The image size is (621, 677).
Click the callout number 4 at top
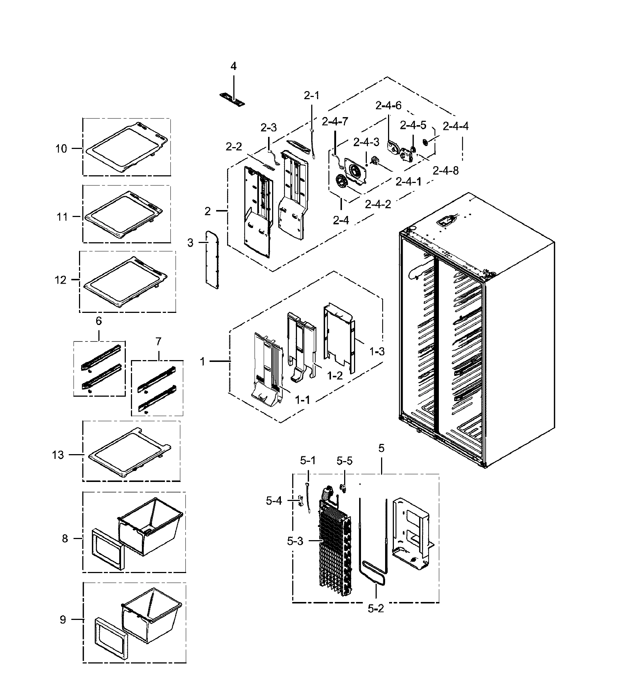click(233, 66)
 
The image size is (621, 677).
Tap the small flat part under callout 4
click(232, 100)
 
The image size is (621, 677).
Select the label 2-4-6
click(388, 106)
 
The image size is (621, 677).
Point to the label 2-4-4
click(455, 126)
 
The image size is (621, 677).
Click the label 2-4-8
click(445, 170)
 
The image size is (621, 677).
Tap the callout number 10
click(61, 149)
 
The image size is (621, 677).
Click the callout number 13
click(58, 455)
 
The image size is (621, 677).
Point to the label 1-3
click(377, 352)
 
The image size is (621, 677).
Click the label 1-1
click(302, 400)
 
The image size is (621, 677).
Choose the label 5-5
click(345, 461)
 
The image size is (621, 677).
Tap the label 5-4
click(274, 501)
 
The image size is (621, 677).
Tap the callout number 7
click(158, 341)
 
